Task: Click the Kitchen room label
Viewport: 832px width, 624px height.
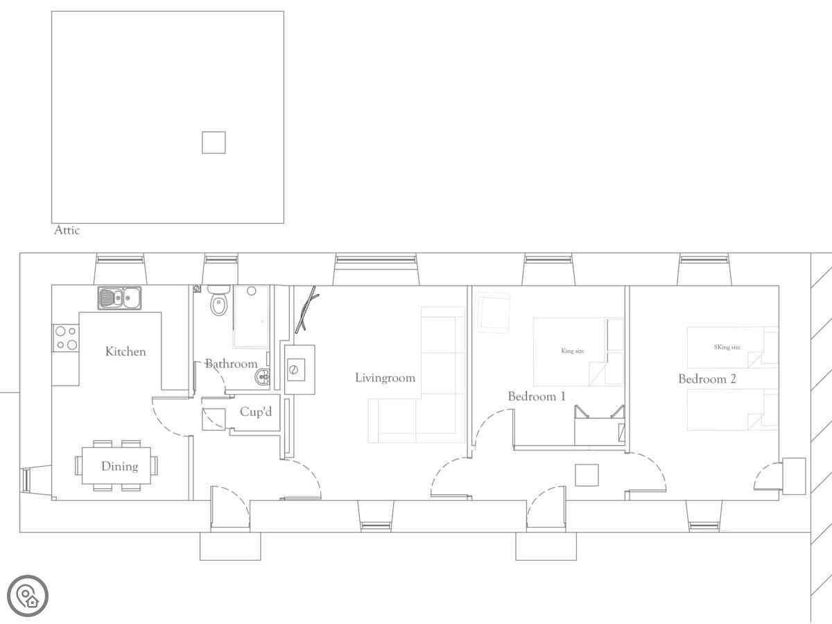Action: [x=125, y=352]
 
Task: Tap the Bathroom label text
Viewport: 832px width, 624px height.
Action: [x=231, y=364]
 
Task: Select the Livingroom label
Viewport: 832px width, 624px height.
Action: [x=385, y=378]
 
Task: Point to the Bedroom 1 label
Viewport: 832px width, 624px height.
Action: [x=537, y=397]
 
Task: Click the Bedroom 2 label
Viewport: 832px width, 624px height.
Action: [x=707, y=379]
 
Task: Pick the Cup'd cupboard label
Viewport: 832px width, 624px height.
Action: [x=256, y=411]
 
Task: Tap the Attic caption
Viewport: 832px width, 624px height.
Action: [x=67, y=230]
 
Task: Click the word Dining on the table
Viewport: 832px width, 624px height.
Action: [x=119, y=467]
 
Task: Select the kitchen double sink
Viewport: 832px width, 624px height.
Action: [x=119, y=298]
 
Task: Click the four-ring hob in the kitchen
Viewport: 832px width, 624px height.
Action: [x=66, y=338]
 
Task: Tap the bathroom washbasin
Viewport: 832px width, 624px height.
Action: [x=263, y=377]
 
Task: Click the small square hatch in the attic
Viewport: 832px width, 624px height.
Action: [x=214, y=142]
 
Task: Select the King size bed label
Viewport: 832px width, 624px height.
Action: [x=573, y=351]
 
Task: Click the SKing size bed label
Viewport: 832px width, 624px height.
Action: [x=727, y=347]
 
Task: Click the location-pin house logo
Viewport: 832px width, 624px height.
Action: [x=28, y=596]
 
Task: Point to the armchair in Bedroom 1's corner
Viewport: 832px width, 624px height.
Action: [x=493, y=312]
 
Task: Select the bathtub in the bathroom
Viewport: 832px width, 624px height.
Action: [x=251, y=317]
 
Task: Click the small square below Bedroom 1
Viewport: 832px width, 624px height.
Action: [x=587, y=475]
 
